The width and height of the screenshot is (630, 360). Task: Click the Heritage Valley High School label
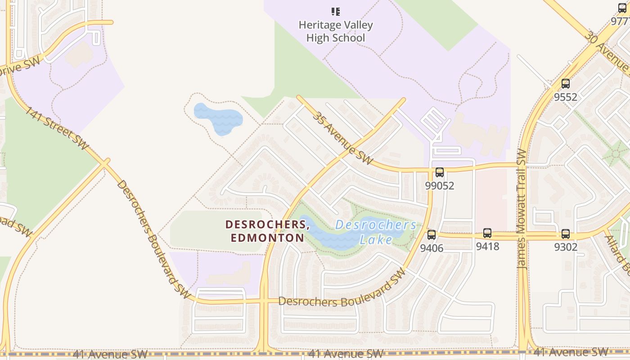336,31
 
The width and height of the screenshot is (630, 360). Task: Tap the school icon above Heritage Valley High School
336,12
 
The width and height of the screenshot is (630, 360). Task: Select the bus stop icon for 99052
440,172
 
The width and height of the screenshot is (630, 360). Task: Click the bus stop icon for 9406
432,234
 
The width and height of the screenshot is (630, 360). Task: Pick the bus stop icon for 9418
487,233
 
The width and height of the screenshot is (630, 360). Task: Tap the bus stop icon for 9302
566,234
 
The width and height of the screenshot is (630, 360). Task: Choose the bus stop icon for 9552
566,84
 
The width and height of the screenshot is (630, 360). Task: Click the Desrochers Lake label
376,232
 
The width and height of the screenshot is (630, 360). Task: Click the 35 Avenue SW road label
343,138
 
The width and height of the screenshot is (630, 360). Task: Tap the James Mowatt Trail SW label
522,209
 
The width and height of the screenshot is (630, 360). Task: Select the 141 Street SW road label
56,128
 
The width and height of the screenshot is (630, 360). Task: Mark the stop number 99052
440,185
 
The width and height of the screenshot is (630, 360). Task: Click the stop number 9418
488,246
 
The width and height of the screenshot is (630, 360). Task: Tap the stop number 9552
566,97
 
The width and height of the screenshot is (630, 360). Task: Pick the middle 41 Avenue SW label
346,354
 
